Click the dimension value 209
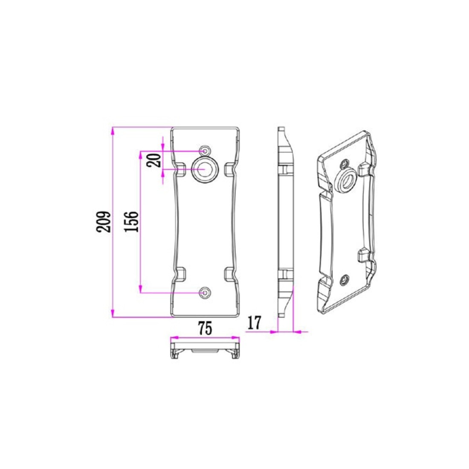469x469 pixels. (104, 222)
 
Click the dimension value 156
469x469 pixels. (132, 222)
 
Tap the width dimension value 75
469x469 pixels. (205, 328)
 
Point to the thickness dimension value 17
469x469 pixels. (255, 323)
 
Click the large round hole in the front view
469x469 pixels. (204, 169)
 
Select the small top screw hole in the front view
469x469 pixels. (205, 151)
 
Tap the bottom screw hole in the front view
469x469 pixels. (205, 292)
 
